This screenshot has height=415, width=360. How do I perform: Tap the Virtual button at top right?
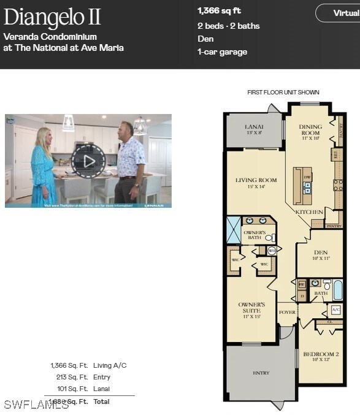coord(341,13)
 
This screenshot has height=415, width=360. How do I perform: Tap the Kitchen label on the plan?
coord(309,212)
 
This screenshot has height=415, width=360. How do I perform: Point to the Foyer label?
coord(287,312)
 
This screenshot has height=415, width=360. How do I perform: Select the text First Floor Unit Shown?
coord(283,93)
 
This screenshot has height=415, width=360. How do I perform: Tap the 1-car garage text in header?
coord(222,52)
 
